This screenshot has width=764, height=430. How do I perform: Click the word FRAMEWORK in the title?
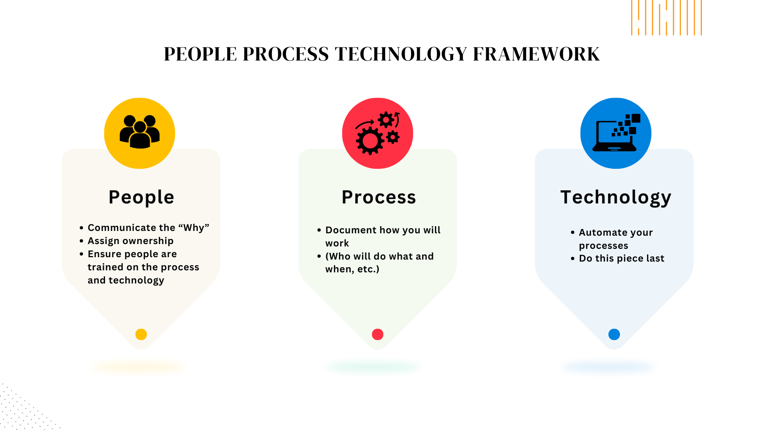536,54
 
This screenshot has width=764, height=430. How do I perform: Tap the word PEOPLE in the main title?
200,54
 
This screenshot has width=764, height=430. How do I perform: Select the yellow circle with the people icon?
140,133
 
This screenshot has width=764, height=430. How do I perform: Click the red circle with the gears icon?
378,133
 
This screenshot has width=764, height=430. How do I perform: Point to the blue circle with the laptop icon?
616,133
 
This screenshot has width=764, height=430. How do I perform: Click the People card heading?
141,197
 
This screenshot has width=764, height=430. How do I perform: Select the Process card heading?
379,197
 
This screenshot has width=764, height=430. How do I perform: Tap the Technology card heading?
616,197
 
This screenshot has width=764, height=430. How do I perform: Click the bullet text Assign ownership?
131,241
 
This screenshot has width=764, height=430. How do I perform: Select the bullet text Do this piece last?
622,258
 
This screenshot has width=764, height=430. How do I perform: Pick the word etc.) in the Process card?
368,269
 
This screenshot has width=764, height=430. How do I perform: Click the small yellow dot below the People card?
141,334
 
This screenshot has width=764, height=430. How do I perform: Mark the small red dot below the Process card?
378,334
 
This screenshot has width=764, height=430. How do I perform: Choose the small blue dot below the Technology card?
614,334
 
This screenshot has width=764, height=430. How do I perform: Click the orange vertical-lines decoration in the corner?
667,18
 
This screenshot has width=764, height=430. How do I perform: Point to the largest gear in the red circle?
370,141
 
